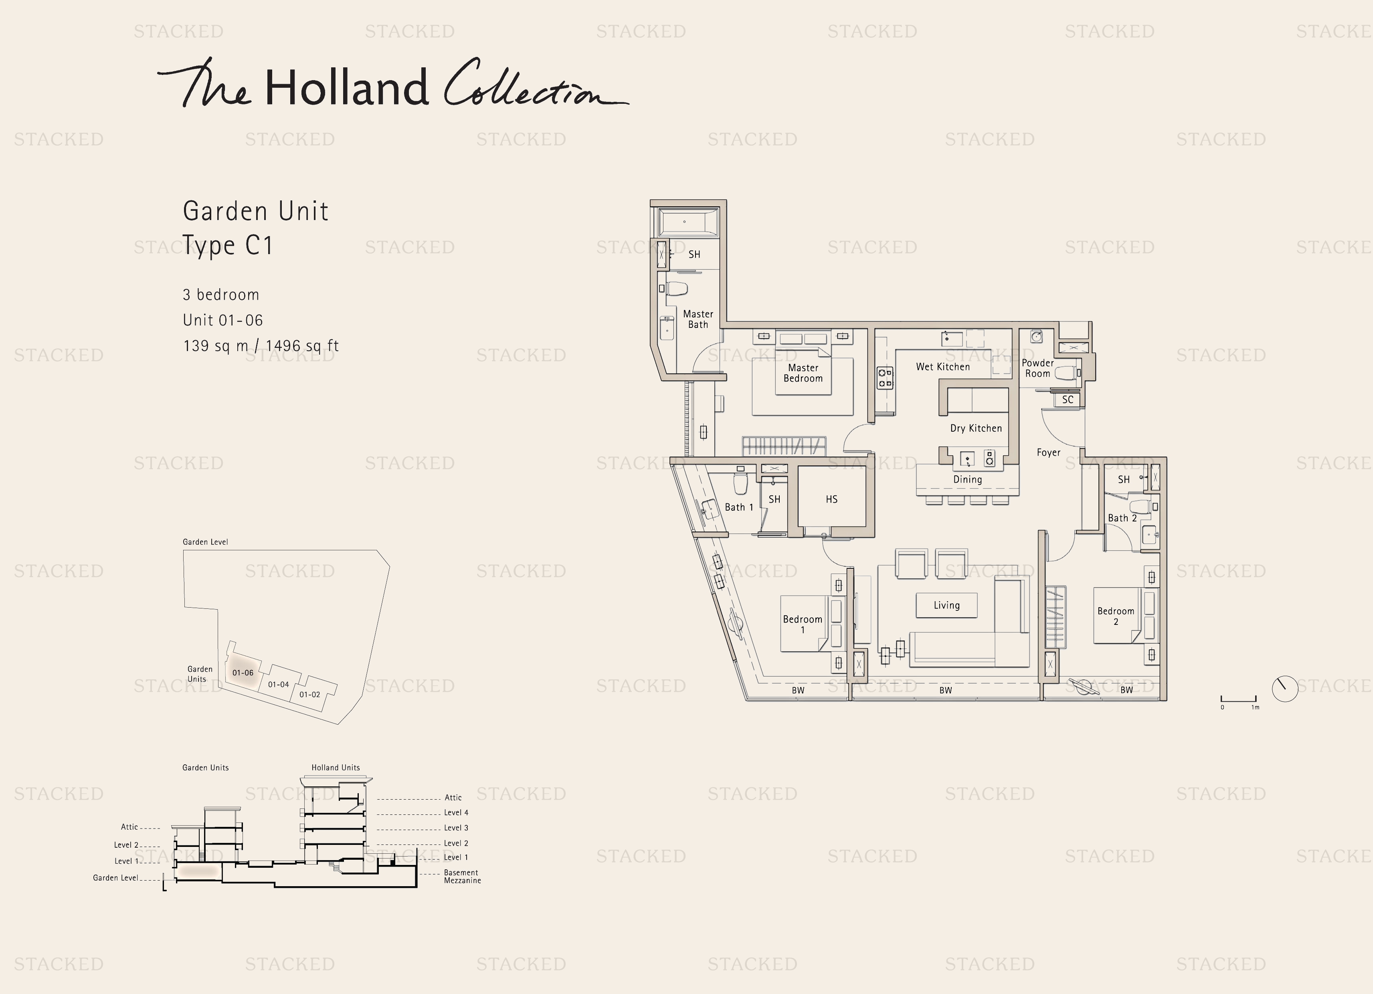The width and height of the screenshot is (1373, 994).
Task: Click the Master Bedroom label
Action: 803,373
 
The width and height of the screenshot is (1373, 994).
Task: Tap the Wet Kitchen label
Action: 942,367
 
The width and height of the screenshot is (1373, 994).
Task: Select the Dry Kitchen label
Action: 976,428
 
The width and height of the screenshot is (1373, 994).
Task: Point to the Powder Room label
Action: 1037,368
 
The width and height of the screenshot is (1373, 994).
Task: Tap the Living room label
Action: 946,605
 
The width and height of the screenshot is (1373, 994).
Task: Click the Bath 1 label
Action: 738,507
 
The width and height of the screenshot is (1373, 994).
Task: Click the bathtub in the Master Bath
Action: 688,222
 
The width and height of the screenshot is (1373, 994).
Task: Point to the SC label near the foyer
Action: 1067,400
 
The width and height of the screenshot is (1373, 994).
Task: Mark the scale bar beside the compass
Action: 1239,700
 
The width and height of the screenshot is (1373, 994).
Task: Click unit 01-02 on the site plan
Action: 310,694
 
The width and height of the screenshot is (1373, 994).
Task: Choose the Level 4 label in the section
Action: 456,812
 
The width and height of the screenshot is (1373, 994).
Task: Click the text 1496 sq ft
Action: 302,345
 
